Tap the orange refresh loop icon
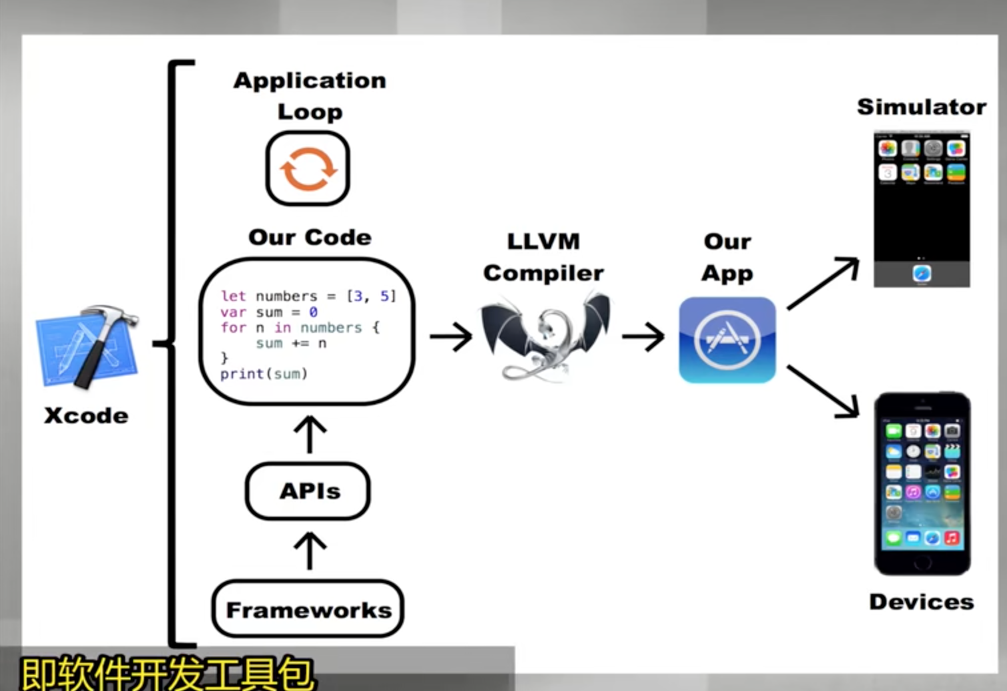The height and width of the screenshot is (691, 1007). [308, 168]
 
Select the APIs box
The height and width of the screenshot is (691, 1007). [308, 491]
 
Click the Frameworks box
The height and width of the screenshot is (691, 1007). [308, 609]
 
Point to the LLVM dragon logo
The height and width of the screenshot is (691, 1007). [545, 337]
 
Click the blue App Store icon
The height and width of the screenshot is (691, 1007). [727, 340]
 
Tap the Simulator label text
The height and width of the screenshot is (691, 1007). [921, 107]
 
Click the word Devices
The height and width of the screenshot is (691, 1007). [921, 602]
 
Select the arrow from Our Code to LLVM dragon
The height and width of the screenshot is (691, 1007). [451, 336]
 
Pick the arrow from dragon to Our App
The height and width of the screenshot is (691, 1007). [643, 336]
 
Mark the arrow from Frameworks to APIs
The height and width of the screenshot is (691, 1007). [310, 551]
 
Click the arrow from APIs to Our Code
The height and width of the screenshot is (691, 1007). [310, 434]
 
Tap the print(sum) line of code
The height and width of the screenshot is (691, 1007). [264, 374]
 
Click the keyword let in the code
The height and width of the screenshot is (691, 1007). [233, 296]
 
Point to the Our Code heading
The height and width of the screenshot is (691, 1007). [310, 237]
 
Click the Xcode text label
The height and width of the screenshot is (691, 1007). [87, 415]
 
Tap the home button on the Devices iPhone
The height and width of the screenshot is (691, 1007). [922, 563]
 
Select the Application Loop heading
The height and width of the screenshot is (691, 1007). [310, 96]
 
